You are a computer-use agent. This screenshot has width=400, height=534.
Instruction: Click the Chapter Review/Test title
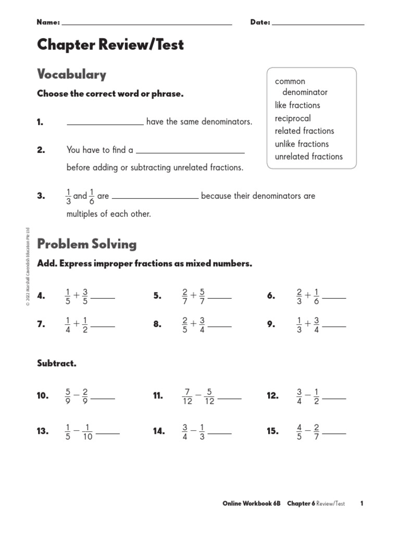[x=110, y=45]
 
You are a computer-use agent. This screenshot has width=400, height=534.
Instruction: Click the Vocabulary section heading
[x=71, y=75]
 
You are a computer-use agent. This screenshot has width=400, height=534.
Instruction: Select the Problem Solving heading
[x=86, y=244]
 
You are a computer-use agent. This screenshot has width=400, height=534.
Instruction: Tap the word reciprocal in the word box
[x=293, y=118]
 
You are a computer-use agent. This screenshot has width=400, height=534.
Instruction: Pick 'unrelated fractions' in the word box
[x=309, y=156]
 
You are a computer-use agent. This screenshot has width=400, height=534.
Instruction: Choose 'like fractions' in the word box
[x=297, y=105]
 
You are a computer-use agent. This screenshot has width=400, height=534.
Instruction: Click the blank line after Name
[x=147, y=24]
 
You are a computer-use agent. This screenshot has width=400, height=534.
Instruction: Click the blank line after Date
[x=318, y=24]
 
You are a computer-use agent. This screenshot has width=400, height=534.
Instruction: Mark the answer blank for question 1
[x=105, y=124]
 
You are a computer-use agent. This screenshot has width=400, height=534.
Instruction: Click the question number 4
[x=41, y=296]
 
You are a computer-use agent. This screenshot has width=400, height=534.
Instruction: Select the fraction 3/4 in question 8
[x=202, y=324]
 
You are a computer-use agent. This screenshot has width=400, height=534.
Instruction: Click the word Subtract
[x=57, y=363]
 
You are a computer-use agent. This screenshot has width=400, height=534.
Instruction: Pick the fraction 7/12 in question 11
[x=187, y=396]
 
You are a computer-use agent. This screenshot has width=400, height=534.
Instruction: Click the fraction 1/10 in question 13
[x=87, y=431]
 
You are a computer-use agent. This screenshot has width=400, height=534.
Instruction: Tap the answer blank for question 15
[x=334, y=433]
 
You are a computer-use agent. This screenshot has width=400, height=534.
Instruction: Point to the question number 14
[x=159, y=431]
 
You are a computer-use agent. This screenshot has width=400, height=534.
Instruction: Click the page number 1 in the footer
[x=361, y=504]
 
